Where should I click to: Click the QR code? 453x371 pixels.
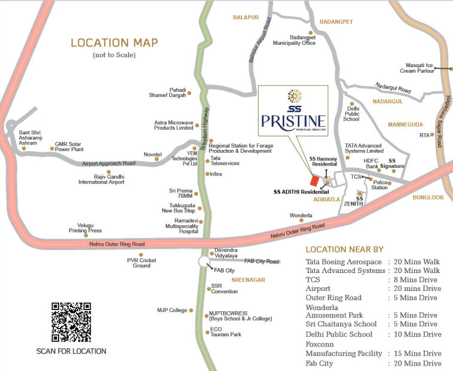click(71, 322)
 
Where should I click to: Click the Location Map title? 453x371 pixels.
click(114, 43)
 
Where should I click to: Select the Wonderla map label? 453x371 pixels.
click(301, 215)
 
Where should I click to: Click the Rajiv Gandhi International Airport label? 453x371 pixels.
click(102, 179)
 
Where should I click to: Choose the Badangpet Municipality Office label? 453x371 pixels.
click(294, 41)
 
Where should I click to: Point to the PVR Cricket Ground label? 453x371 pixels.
click(142, 263)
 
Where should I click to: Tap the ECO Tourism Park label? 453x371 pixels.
click(225, 332)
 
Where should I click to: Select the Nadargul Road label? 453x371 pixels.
click(393, 88)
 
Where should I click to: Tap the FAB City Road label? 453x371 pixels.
click(262, 262)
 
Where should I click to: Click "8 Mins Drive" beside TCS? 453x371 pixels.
click(412, 280)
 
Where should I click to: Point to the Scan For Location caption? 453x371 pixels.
click(71, 351)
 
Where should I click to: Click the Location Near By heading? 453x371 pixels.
click(345, 249)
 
